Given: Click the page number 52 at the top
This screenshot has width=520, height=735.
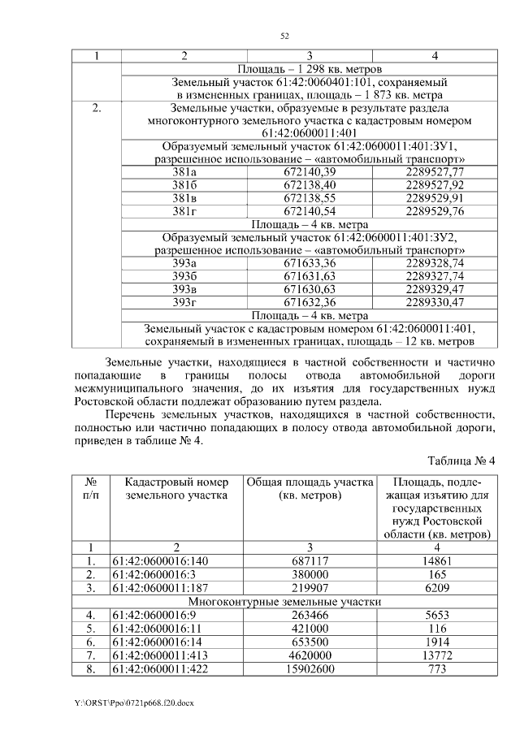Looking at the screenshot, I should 285,36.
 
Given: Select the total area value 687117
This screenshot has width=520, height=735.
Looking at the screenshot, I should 310,560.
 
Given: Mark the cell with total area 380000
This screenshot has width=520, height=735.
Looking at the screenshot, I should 310,574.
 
